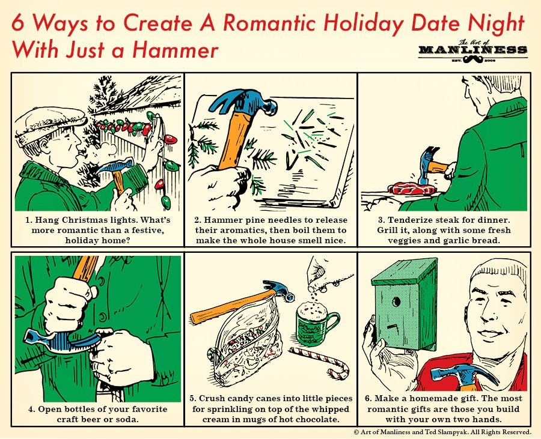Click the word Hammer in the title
(175, 50)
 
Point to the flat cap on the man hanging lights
(50, 126)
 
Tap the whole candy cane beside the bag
(320, 362)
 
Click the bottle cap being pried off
(103, 333)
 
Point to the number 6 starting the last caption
(368, 399)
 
